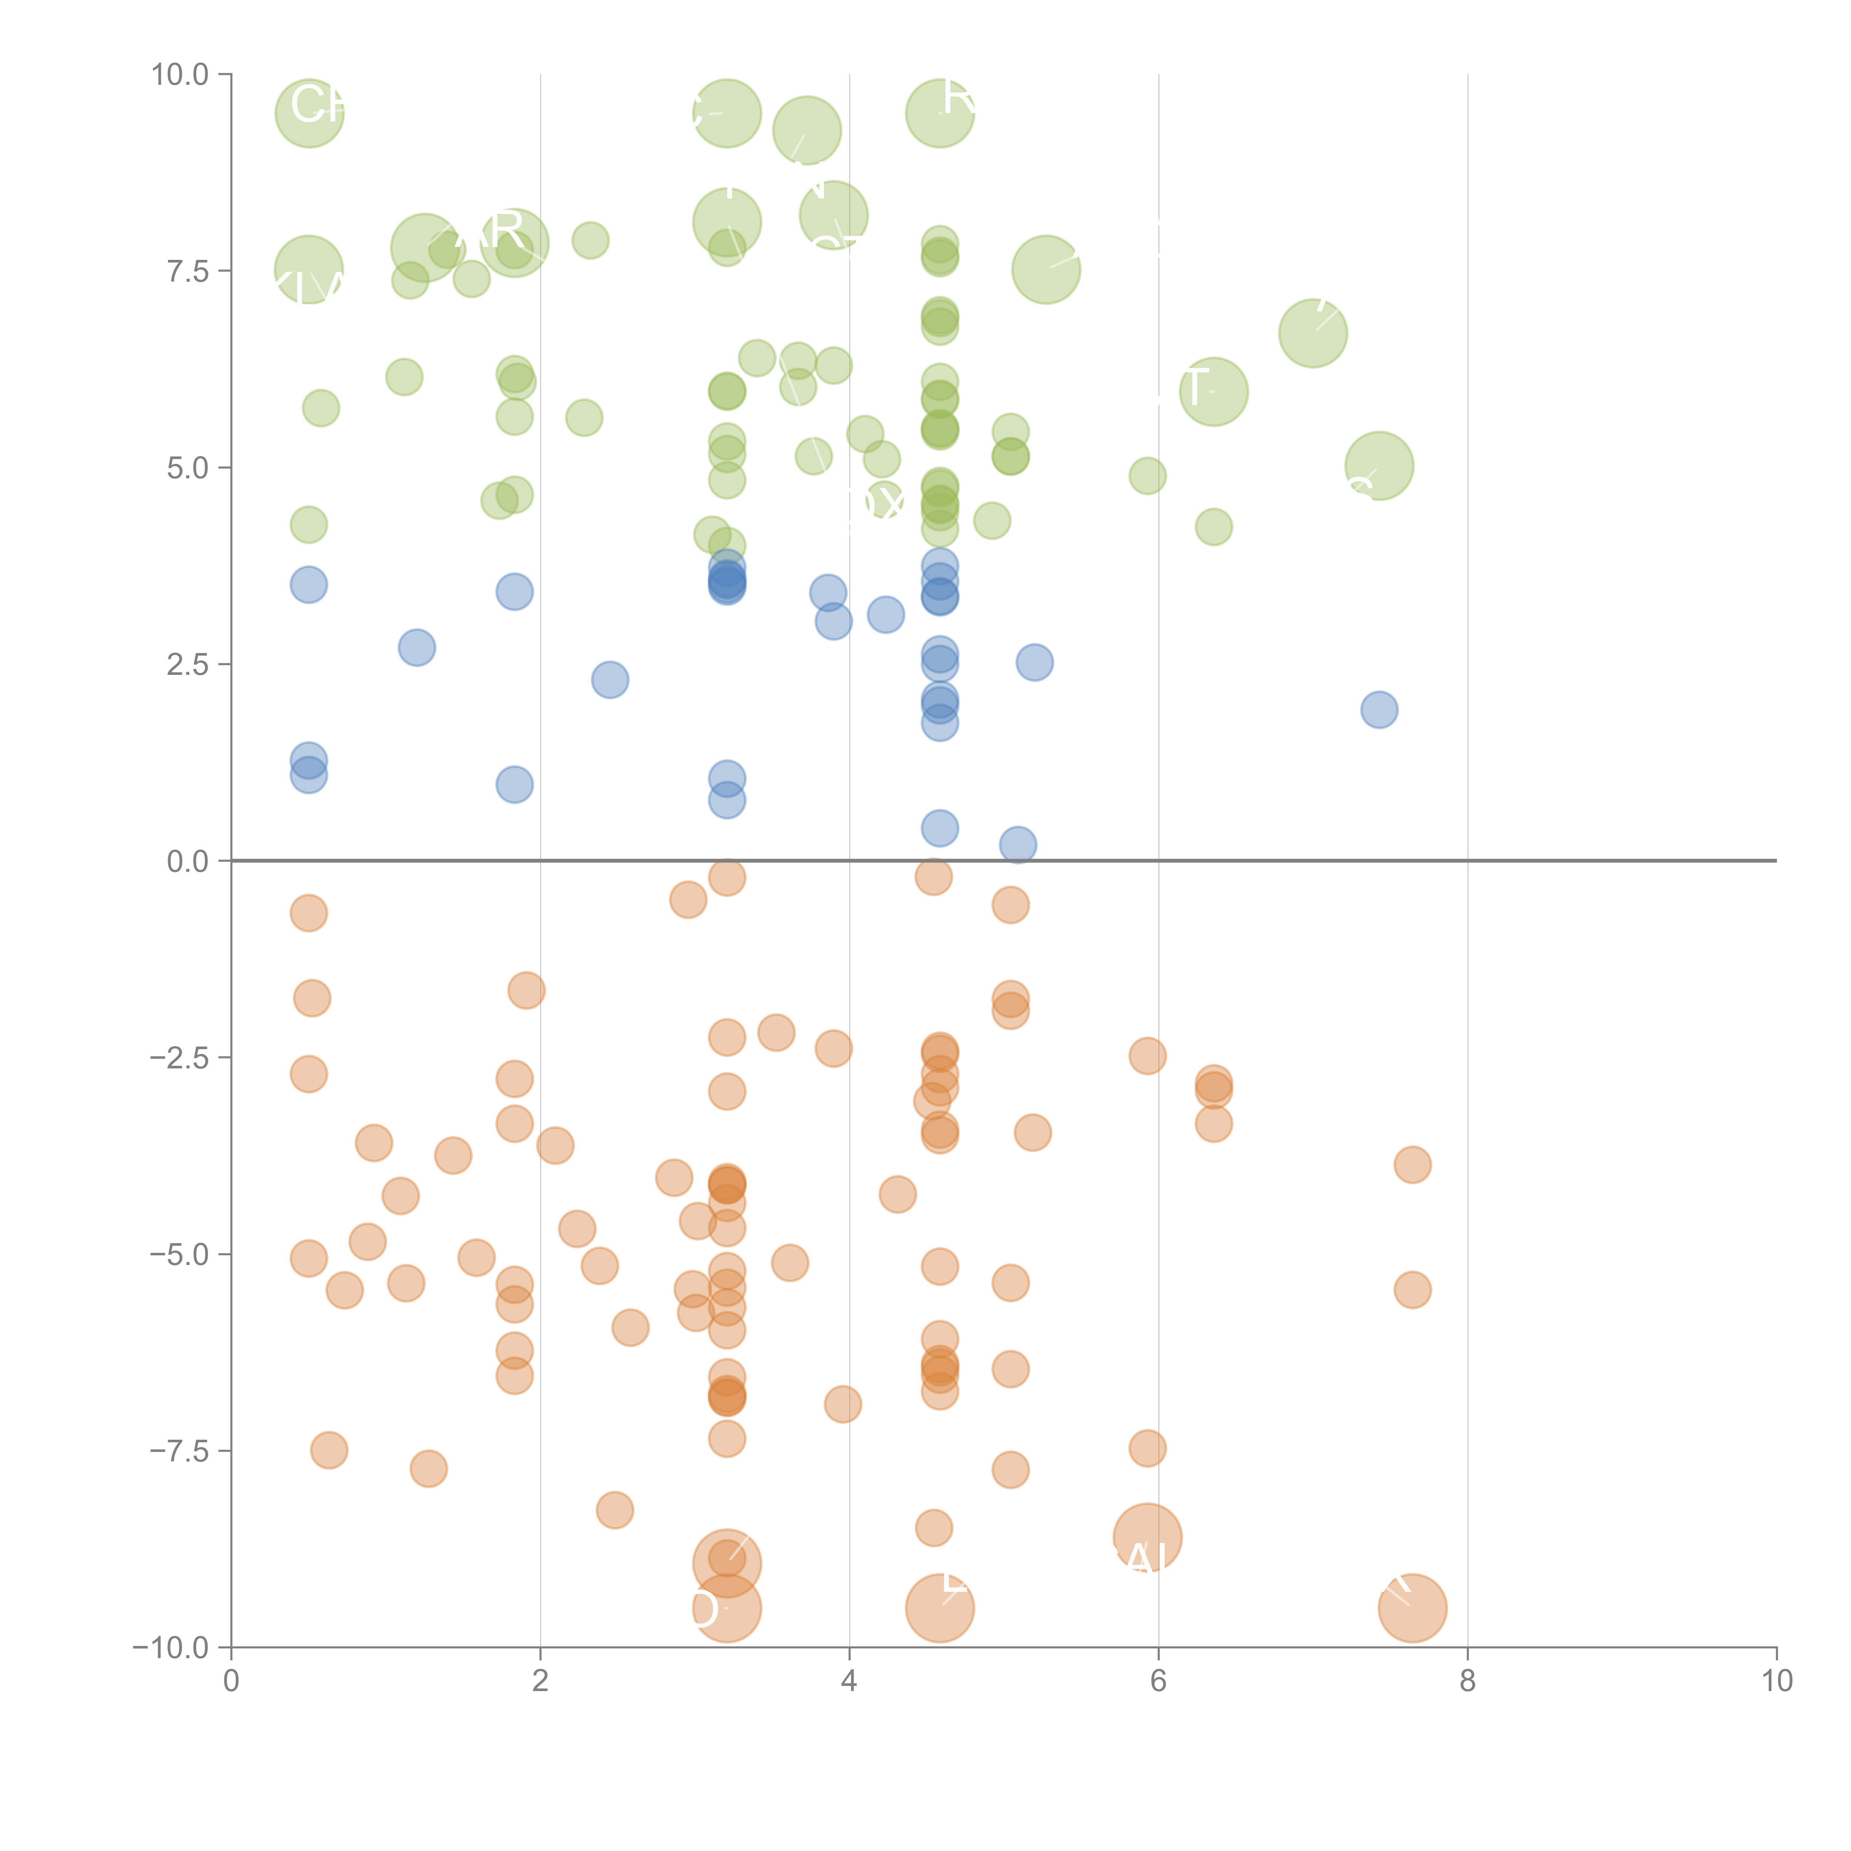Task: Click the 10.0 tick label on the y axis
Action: point(180,75)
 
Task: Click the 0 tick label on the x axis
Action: point(231,1681)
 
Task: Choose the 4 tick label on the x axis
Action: point(849,1681)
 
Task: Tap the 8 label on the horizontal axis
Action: point(1468,1681)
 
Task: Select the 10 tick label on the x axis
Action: point(1776,1681)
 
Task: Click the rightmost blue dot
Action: point(1379,710)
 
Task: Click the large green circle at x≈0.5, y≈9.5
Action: point(309,113)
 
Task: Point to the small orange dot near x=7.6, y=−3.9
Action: point(1412,1165)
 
